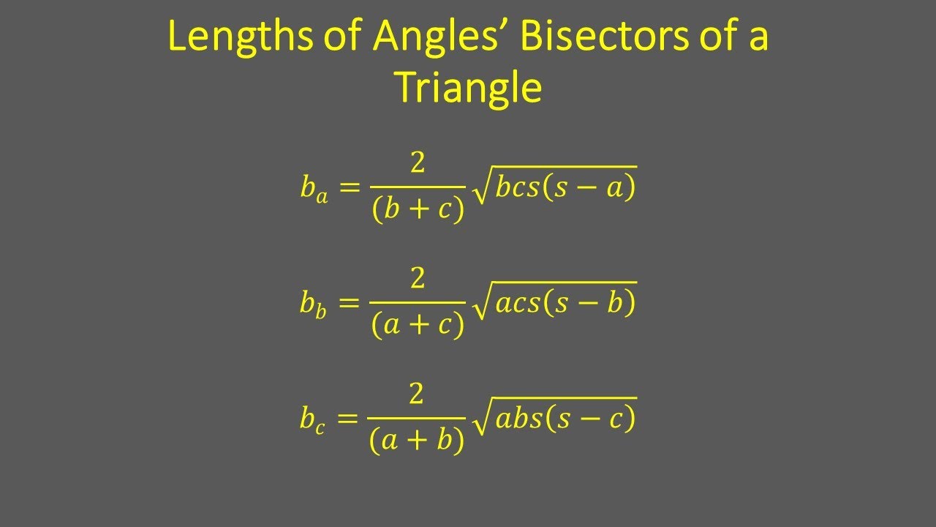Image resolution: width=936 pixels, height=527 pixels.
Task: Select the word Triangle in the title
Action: tap(468, 88)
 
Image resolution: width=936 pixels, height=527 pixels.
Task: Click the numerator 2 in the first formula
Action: tap(418, 164)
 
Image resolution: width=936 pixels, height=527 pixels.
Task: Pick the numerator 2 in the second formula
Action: tap(418, 279)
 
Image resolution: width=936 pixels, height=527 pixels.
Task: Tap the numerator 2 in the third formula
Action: tap(418, 395)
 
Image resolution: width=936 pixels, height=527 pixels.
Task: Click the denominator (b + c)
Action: tap(418, 210)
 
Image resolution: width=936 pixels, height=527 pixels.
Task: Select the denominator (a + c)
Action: tap(418, 326)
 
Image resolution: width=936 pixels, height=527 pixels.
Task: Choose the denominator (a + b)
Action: tap(418, 441)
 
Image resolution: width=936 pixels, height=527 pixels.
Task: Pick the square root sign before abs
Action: tap(481, 421)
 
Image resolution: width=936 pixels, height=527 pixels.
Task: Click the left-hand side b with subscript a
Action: tap(314, 189)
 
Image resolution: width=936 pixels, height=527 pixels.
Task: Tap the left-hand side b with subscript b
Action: tap(314, 304)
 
